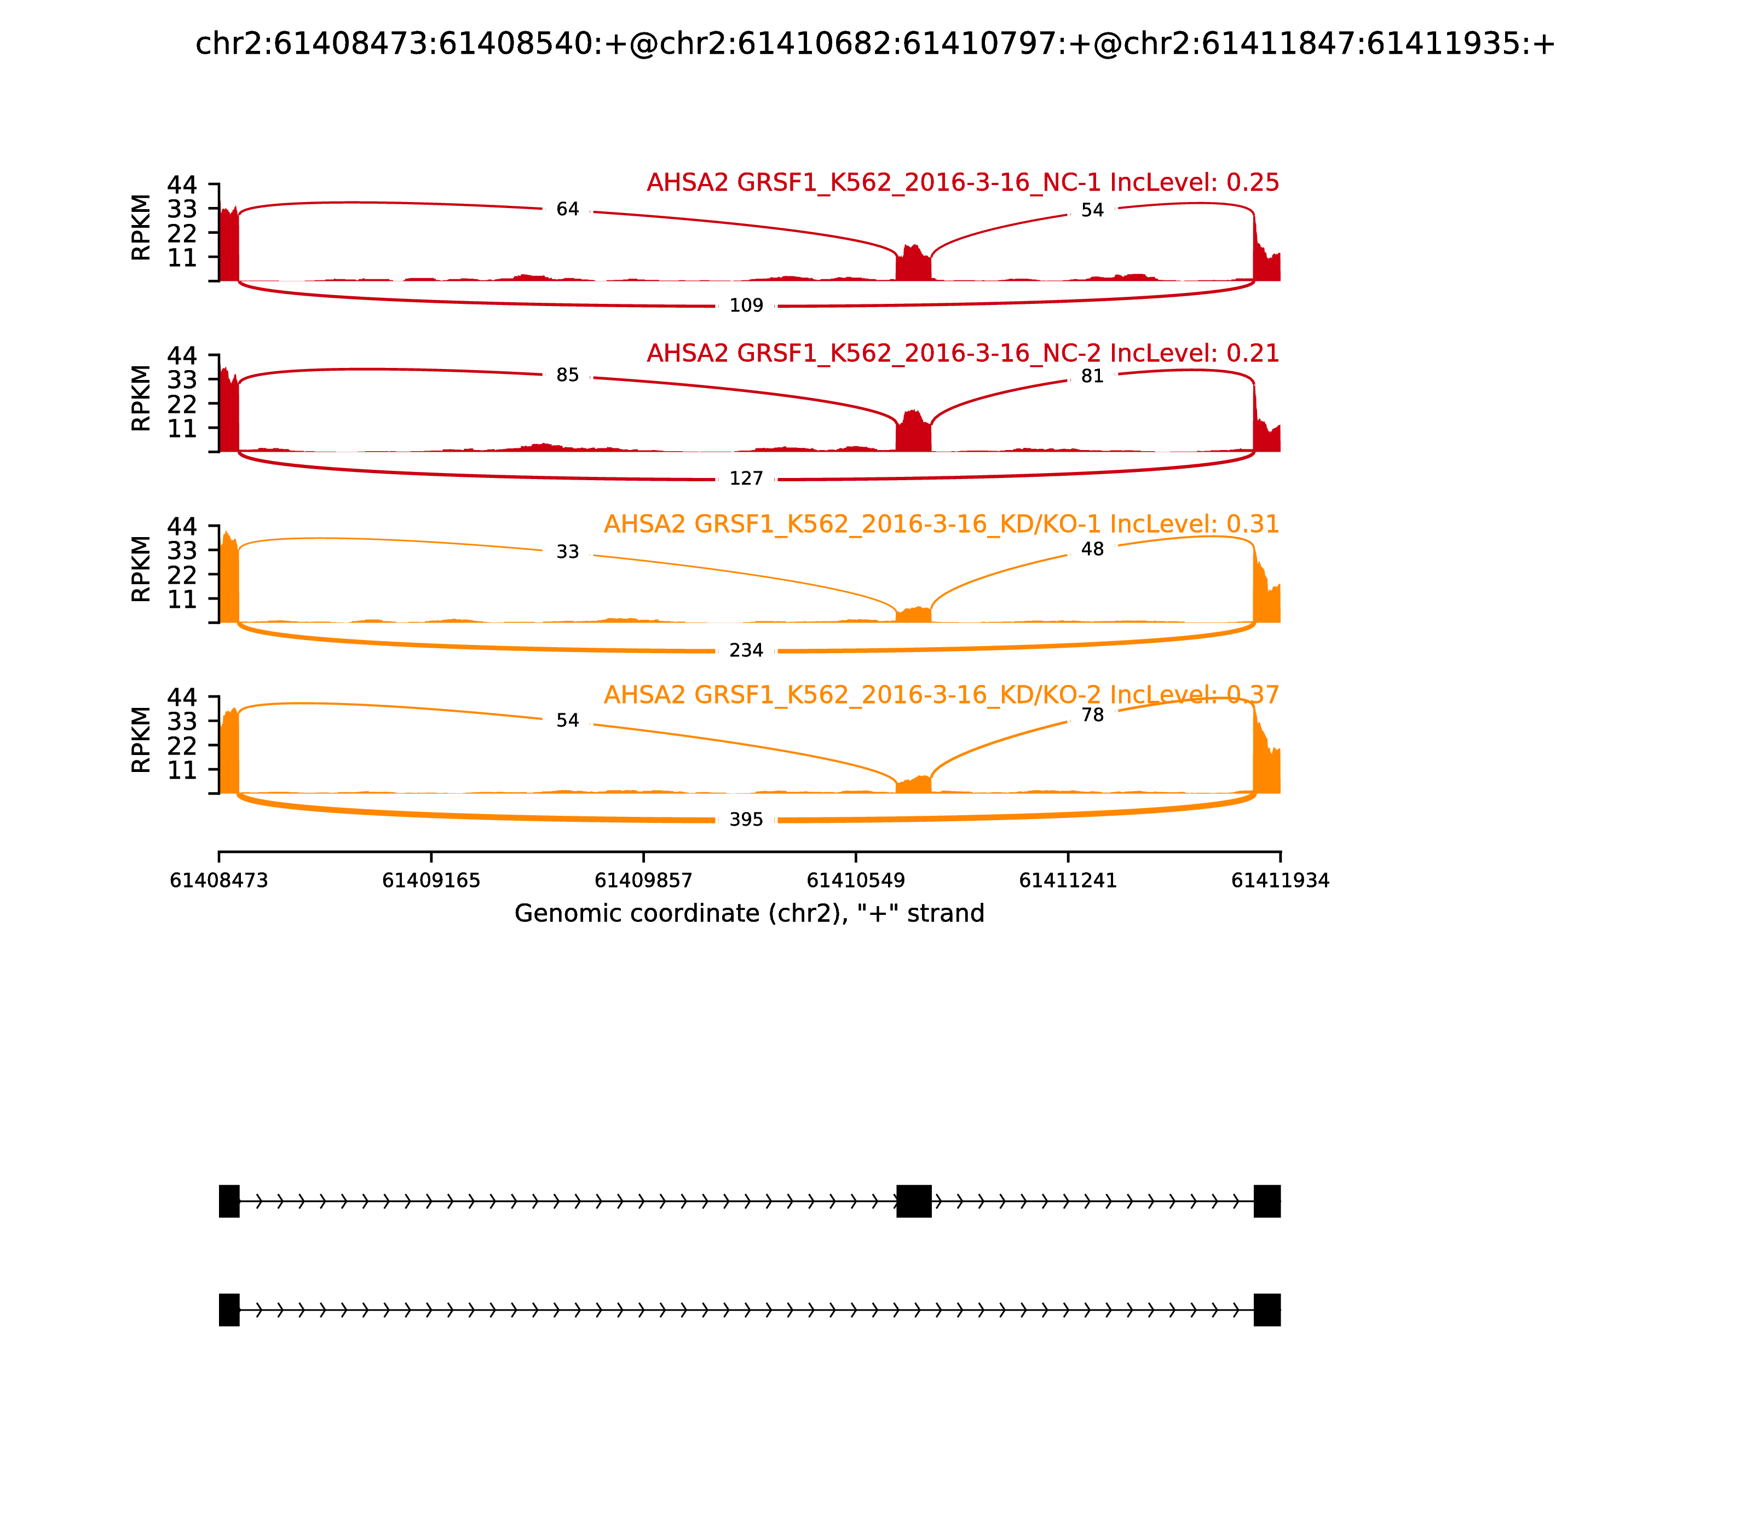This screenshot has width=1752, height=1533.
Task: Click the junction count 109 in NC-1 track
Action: click(746, 306)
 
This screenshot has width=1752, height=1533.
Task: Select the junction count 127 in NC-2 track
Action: click(746, 478)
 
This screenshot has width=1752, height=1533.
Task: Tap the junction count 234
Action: click(746, 650)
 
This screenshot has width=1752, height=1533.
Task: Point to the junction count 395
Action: click(746, 820)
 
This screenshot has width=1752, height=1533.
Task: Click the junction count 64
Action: click(567, 210)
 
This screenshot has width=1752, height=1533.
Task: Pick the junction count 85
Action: click(567, 376)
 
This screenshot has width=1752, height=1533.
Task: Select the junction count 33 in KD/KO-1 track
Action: click(567, 552)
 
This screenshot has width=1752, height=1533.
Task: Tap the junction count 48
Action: click(1092, 549)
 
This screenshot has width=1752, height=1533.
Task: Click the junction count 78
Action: click(1092, 715)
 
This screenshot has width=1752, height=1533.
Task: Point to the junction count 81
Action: click(1092, 377)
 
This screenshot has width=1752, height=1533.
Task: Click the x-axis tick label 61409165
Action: click(431, 880)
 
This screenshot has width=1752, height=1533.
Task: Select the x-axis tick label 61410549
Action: click(855, 880)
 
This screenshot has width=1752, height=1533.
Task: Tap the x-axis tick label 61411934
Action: click(1280, 880)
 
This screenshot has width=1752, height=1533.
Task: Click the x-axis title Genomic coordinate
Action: click(750, 914)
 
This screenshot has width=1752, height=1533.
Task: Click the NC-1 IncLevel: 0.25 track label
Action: click(963, 182)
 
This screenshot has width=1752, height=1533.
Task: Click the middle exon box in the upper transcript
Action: click(914, 1201)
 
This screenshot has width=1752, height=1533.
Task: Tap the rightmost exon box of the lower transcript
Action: click(1267, 1310)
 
